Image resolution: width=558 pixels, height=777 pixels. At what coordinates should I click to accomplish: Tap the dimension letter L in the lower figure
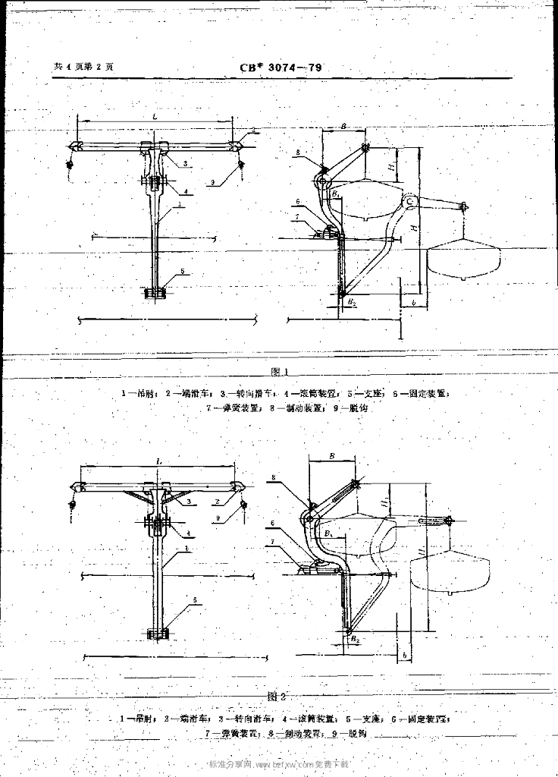point(158,461)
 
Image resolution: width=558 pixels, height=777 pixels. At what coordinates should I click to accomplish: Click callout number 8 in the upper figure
point(299,153)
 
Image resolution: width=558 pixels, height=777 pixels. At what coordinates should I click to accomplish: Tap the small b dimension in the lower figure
point(406,654)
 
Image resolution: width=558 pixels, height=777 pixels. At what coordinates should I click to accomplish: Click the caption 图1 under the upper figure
point(278,371)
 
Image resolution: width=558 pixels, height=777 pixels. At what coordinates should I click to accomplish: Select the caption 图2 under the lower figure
point(276,696)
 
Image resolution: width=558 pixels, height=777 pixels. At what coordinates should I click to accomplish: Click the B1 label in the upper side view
point(334,194)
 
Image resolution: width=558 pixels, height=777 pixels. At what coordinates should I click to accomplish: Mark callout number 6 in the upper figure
point(299,203)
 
